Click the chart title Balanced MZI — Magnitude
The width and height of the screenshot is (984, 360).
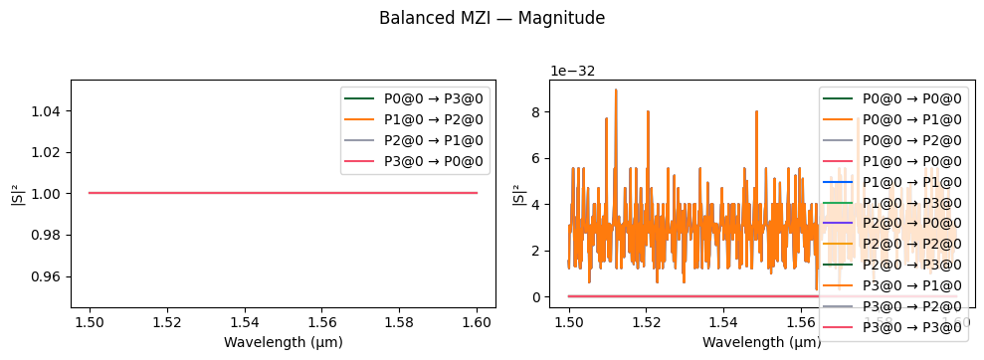(492, 18)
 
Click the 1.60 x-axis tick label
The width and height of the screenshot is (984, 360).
(477, 323)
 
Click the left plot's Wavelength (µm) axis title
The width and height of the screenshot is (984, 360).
(283, 342)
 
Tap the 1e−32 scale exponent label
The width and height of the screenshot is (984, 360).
(574, 71)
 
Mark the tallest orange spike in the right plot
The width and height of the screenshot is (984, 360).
(616, 90)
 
